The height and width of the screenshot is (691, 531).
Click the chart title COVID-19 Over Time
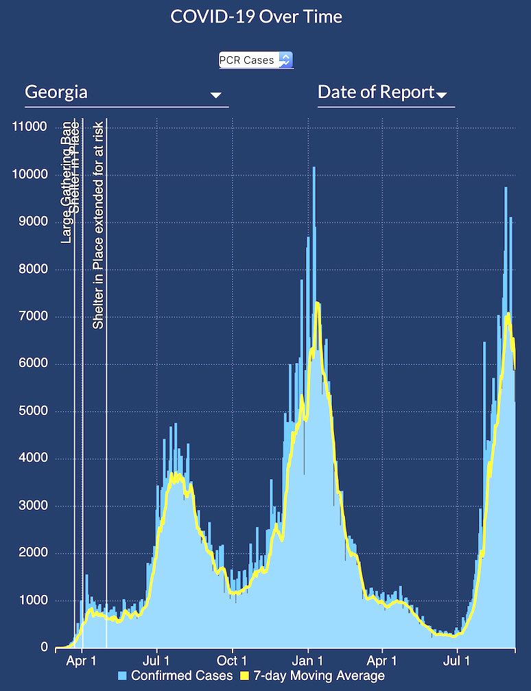tap(256, 17)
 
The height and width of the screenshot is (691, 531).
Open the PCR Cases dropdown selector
tap(256, 60)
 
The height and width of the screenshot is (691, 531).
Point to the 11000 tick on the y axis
tap(29, 127)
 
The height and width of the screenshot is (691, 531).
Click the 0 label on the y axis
tap(44, 648)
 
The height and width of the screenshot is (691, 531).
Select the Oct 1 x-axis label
tap(232, 661)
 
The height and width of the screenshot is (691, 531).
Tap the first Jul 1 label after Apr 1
tap(157, 661)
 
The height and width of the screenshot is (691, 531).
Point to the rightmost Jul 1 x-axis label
tap(458, 661)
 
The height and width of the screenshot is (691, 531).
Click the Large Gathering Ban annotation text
tap(67, 182)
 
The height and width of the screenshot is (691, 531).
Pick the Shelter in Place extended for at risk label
tap(99, 224)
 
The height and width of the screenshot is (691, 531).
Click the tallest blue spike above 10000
tap(314, 172)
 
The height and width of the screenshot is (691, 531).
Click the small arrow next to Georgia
tap(216, 95)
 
